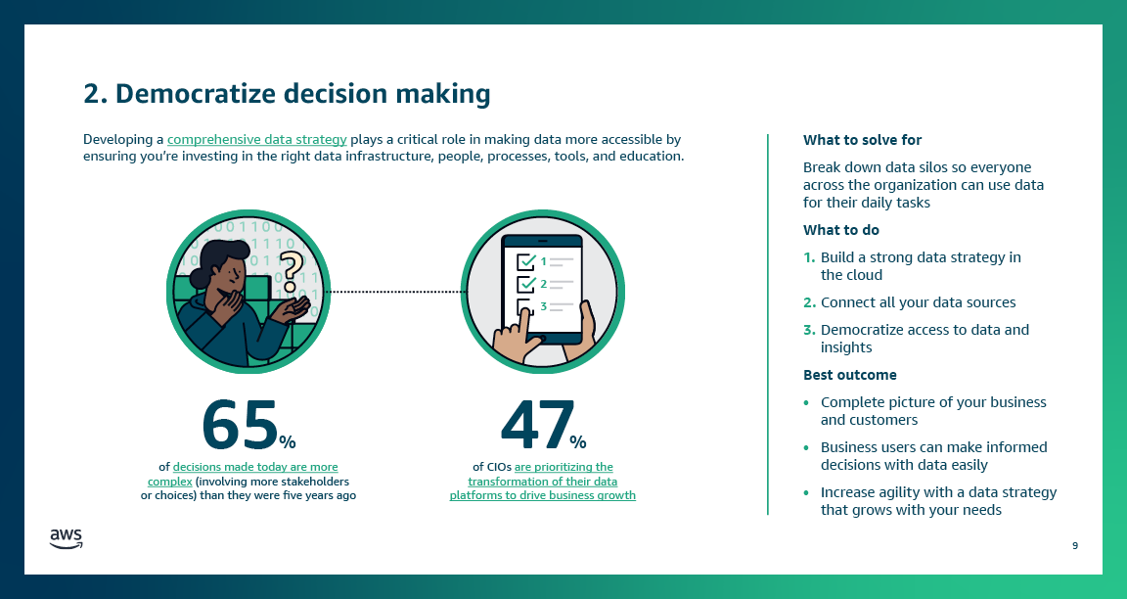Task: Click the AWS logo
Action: (66, 537)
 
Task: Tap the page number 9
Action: (1075, 545)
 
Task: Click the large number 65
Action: (240, 423)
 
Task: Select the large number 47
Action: (537, 423)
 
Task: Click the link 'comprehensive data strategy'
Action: (257, 140)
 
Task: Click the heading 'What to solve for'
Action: (862, 140)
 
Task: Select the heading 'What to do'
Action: (840, 230)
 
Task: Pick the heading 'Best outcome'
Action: (849, 375)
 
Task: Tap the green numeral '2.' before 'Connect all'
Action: (809, 302)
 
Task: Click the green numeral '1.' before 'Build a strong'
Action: (809, 257)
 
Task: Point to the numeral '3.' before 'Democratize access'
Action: (809, 330)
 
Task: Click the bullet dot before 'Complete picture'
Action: (806, 402)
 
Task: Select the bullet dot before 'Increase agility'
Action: (806, 492)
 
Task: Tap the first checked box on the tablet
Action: (525, 261)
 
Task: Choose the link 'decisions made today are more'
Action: (255, 468)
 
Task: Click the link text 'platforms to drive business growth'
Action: (542, 495)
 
